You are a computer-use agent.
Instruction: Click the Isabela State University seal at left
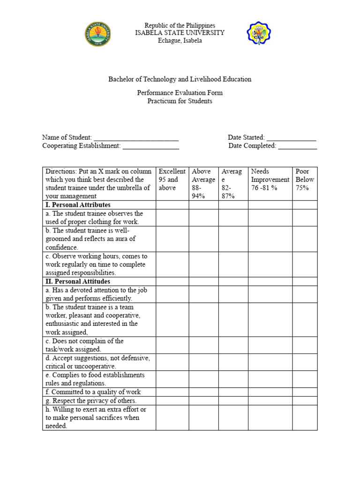pyautogui.click(x=97, y=34)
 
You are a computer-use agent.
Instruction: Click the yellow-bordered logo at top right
pyautogui.click(x=259, y=33)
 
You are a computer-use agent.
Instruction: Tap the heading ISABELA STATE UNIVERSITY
pyautogui.click(x=180, y=33)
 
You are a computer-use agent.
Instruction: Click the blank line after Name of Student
pyautogui.click(x=136, y=138)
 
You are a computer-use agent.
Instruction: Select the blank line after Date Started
pyautogui.click(x=291, y=138)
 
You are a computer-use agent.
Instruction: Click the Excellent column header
pyautogui.click(x=172, y=180)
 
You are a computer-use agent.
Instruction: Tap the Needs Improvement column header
pyautogui.click(x=270, y=180)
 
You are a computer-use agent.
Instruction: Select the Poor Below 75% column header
pyautogui.click(x=305, y=180)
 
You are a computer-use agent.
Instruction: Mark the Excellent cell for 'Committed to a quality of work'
pyautogui.click(x=172, y=392)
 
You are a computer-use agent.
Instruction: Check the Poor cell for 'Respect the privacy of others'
pyautogui.click(x=305, y=401)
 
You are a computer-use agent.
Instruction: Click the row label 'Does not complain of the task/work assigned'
pyautogui.click(x=84, y=345)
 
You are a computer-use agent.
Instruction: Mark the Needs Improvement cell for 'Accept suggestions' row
pyautogui.click(x=270, y=362)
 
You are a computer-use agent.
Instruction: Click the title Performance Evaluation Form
pyautogui.click(x=180, y=93)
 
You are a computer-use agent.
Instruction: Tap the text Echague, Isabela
pyautogui.click(x=180, y=41)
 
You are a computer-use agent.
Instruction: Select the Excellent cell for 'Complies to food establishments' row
pyautogui.click(x=172, y=379)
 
